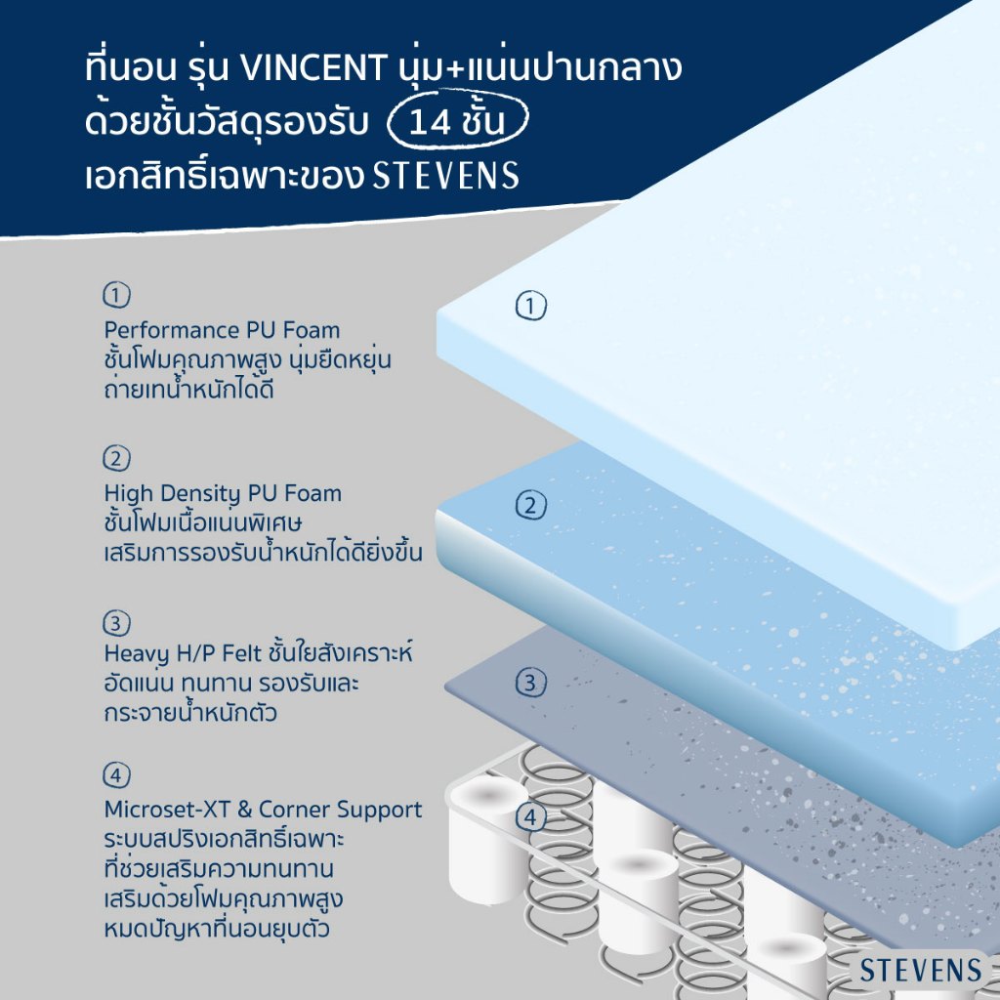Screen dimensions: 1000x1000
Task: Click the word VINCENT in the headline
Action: pos(313,67)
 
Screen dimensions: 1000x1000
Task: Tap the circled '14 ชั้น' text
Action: pos(457,120)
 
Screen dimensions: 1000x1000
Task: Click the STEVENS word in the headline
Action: pos(445,176)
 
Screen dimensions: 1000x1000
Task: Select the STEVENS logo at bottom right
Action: pos(920,970)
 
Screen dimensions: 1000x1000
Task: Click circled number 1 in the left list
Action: pos(117,295)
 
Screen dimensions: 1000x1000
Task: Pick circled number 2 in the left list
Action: pos(117,458)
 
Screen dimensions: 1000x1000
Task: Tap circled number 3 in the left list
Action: pos(117,623)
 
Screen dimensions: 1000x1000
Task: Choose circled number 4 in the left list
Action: pos(117,775)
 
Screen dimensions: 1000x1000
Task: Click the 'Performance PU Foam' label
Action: pos(222,330)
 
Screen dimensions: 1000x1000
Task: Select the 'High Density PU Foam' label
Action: pos(224,494)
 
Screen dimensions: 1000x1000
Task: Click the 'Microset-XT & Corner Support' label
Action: pos(263,810)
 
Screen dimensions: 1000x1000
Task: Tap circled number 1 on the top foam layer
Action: pos(530,306)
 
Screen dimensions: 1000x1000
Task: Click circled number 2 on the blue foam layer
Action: pos(530,505)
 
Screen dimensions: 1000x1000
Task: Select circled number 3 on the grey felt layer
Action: pos(530,683)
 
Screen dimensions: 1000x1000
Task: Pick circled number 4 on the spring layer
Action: pos(530,817)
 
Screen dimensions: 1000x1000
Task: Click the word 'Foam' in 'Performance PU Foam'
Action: pos(312,330)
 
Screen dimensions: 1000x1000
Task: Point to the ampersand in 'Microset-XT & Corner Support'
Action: pos(244,810)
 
